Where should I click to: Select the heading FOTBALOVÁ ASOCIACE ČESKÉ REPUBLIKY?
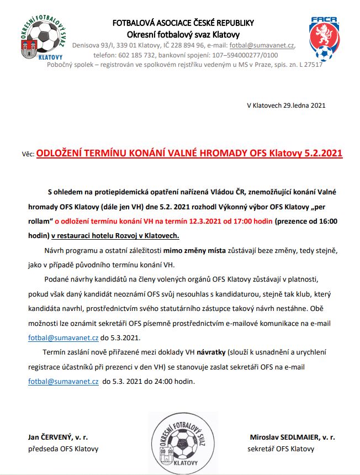click(x=183, y=23)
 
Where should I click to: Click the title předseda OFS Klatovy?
click(x=63, y=448)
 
